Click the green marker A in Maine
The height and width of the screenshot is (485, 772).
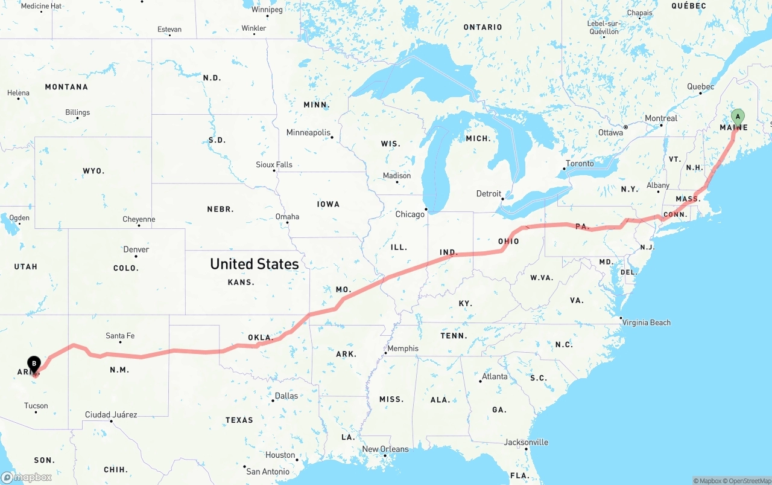pyautogui.click(x=737, y=117)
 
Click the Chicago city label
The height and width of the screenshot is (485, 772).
pyautogui.click(x=410, y=214)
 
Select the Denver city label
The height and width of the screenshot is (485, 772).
pyautogui.click(x=136, y=249)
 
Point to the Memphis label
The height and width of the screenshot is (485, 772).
pyautogui.click(x=403, y=348)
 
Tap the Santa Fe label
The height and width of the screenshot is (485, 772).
pyautogui.click(x=120, y=336)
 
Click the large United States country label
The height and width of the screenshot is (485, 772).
pyautogui.click(x=254, y=264)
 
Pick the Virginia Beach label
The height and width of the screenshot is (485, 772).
pyautogui.click(x=647, y=323)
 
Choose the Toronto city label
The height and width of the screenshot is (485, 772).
pyautogui.click(x=580, y=164)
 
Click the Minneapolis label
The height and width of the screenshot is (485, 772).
pyautogui.click(x=308, y=133)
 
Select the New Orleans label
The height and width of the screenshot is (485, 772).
pyautogui.click(x=385, y=449)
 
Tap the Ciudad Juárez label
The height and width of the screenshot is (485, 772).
pyautogui.click(x=111, y=415)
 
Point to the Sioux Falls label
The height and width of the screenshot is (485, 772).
pyautogui.click(x=274, y=165)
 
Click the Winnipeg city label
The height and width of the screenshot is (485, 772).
pyautogui.click(x=267, y=10)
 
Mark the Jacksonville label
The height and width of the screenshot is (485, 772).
pyautogui.click(x=526, y=443)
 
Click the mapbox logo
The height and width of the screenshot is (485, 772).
pyautogui.click(x=27, y=477)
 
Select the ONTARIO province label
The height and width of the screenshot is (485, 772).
pyautogui.click(x=482, y=27)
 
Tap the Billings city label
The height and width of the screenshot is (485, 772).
pyautogui.click(x=78, y=112)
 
